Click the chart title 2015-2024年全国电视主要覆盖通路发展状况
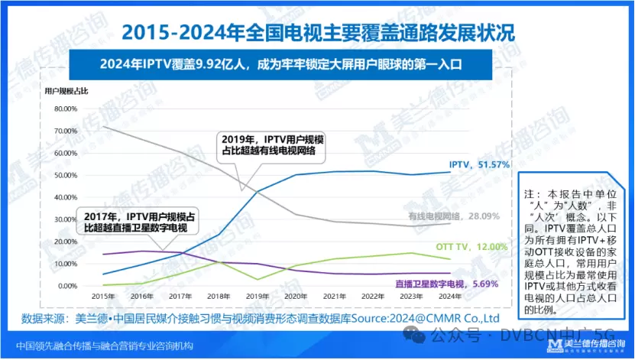tap(316, 33)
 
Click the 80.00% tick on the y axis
tap(66, 109)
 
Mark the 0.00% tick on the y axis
tap(69, 286)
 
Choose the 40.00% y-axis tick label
tap(66, 197)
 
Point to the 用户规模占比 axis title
tap(66, 91)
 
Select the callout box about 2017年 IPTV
tap(137, 222)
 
